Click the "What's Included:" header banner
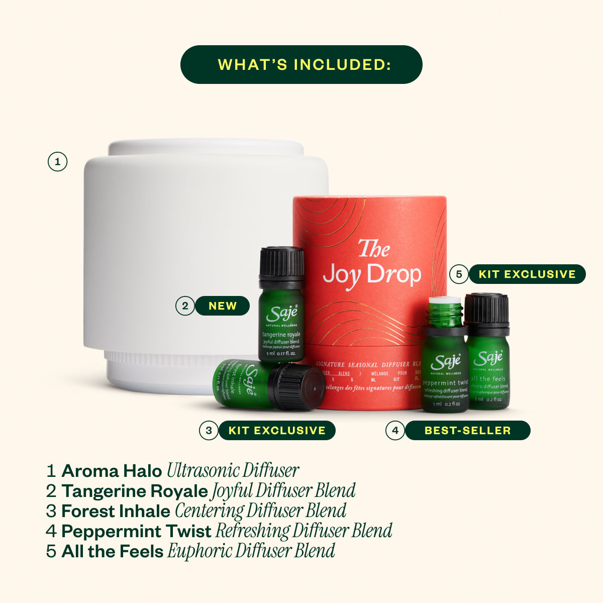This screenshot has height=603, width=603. [301, 64]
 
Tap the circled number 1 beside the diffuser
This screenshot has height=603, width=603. [57, 162]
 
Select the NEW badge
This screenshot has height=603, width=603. [222, 306]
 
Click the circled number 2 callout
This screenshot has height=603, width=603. [185, 306]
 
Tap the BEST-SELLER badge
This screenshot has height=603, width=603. [467, 431]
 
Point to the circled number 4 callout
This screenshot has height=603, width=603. [395, 431]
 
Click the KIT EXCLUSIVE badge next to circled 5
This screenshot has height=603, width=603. [527, 274]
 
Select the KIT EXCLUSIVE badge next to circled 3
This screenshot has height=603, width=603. [277, 431]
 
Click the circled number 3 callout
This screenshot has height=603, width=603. [209, 431]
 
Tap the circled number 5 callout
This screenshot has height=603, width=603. [458, 274]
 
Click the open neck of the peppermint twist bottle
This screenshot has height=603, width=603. [445, 312]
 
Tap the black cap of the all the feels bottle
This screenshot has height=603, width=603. [486, 308]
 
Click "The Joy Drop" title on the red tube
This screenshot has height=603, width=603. [372, 266]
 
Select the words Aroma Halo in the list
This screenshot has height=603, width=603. [112, 471]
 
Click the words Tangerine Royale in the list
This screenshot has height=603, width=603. [134, 491]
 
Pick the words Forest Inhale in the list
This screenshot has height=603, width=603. [116, 511]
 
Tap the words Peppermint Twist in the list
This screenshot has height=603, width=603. [136, 531]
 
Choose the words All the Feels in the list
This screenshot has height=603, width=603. [113, 551]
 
